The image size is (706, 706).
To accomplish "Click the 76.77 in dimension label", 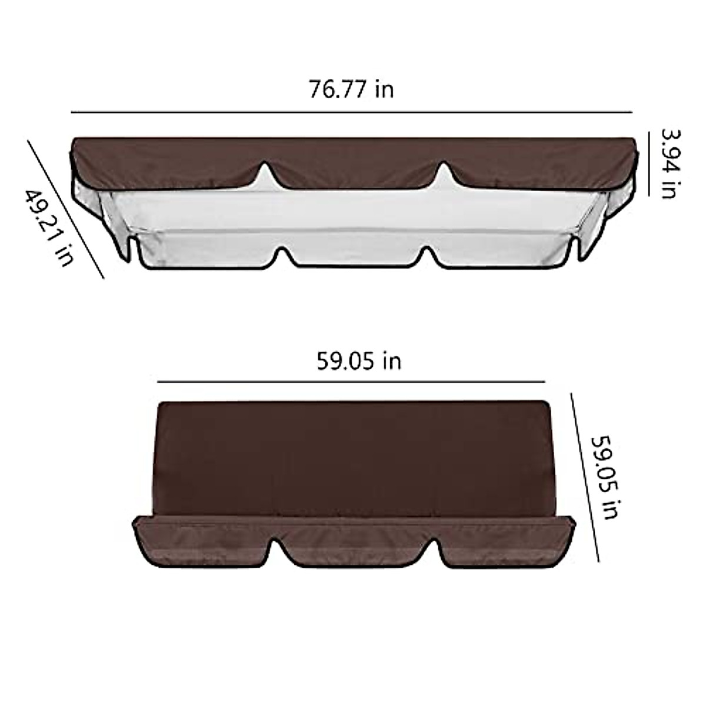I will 351,89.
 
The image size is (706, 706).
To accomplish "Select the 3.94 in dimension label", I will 669,163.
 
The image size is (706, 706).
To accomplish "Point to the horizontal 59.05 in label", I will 359,360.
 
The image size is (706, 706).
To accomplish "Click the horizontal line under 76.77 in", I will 351,112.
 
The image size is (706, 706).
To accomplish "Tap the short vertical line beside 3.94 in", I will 649,163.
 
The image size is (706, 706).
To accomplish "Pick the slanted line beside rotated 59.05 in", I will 585,477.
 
